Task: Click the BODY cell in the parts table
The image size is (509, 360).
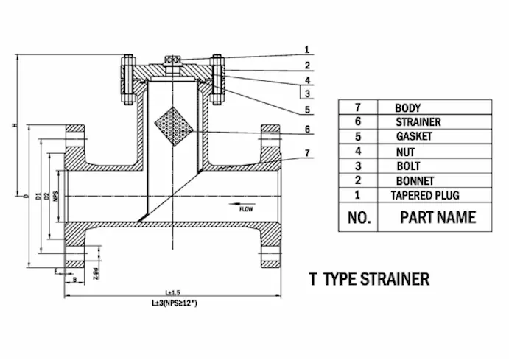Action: pyautogui.click(x=407, y=107)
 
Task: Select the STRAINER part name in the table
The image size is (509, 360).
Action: pyautogui.click(x=418, y=121)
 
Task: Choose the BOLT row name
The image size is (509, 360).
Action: pyautogui.click(x=407, y=166)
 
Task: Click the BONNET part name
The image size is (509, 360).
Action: pyautogui.click(x=415, y=180)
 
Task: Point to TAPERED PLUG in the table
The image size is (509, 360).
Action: pyautogui.click(x=425, y=195)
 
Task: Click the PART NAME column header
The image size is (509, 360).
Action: pyautogui.click(x=438, y=217)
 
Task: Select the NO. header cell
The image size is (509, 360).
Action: pyautogui.click(x=358, y=217)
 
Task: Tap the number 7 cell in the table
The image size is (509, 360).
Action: pyautogui.click(x=358, y=107)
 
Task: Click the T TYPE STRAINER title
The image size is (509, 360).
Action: pyautogui.click(x=369, y=280)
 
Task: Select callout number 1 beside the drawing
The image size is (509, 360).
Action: pyautogui.click(x=306, y=50)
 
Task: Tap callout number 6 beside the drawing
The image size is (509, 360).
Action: pyautogui.click(x=306, y=129)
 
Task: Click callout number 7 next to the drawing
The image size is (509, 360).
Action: pyautogui.click(x=306, y=152)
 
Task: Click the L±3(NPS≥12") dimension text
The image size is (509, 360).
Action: pyautogui.click(x=175, y=303)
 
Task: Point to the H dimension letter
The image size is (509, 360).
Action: pyautogui.click(x=14, y=126)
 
